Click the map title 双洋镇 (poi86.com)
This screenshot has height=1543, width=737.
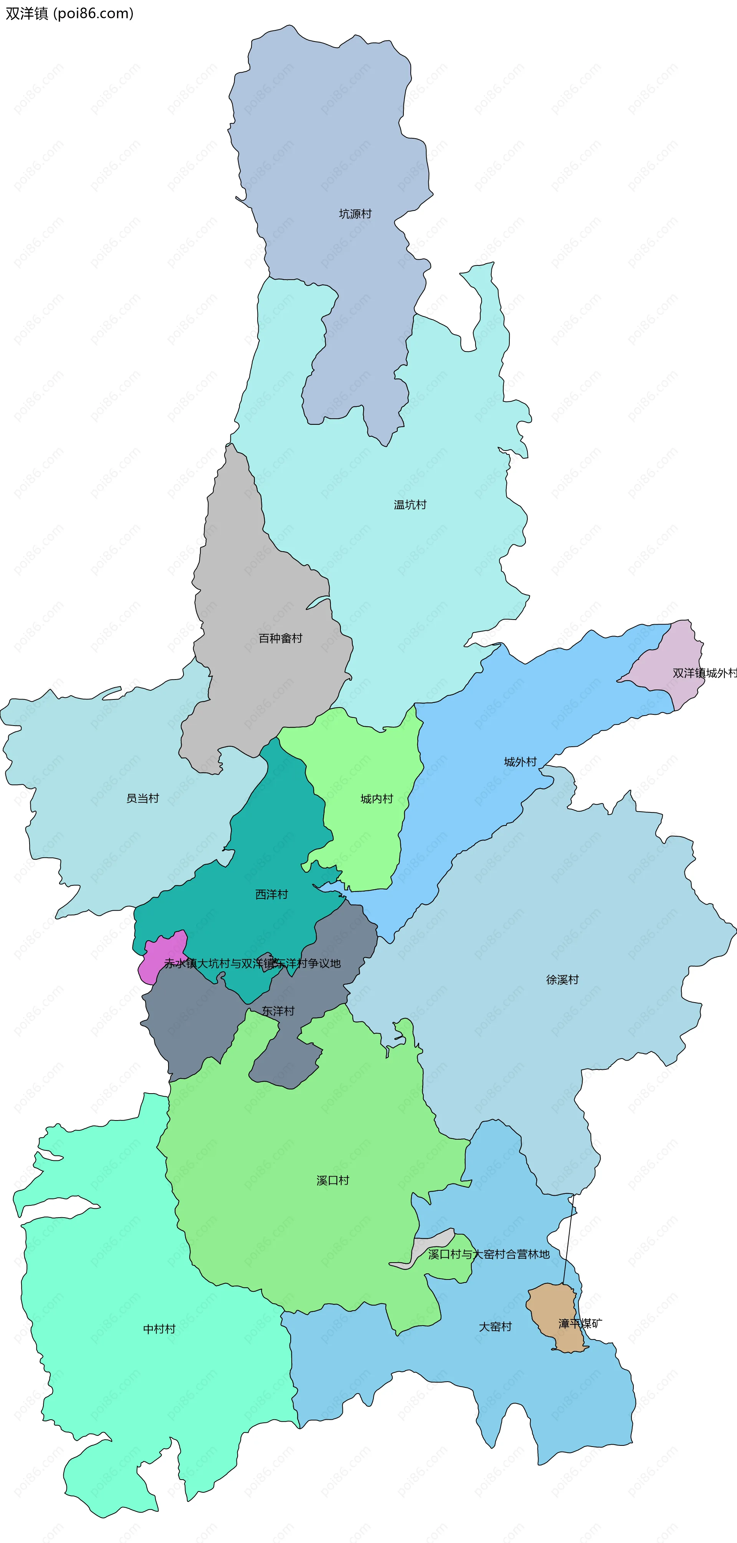tap(69, 13)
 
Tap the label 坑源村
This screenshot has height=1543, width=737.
tap(355, 214)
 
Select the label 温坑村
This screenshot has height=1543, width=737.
tap(410, 505)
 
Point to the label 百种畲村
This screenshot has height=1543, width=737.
tap(280, 638)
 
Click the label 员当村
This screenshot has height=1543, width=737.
tap(142, 799)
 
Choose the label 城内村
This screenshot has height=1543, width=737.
tap(377, 799)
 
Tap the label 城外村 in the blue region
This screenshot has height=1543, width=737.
tap(520, 762)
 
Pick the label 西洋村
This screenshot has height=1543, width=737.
tap(272, 894)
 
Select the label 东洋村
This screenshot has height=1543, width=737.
tap(278, 1011)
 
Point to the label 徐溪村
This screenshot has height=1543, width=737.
tap(562, 980)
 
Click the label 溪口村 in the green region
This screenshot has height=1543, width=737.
tap(333, 1181)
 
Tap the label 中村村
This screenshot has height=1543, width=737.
tap(159, 1329)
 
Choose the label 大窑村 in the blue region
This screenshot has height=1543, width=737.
tap(495, 1327)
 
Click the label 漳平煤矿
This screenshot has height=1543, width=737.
tap(580, 1324)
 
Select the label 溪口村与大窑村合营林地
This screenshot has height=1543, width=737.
tap(489, 1254)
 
